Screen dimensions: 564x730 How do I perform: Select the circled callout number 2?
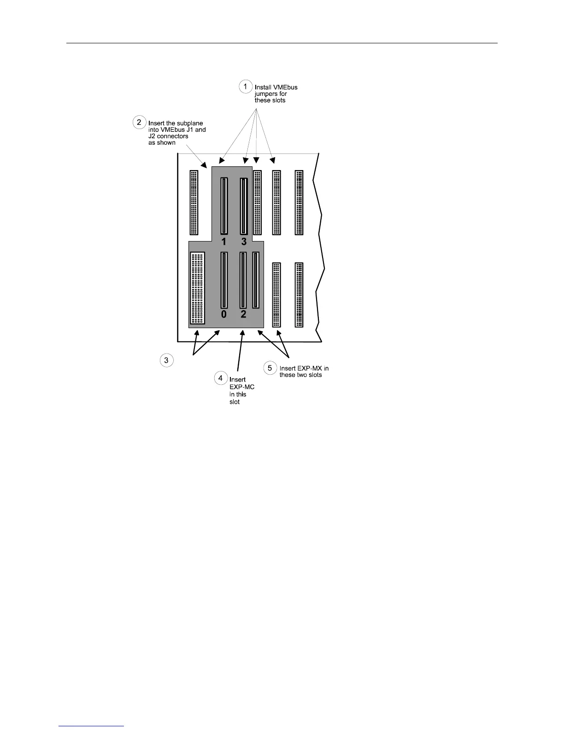(x=139, y=122)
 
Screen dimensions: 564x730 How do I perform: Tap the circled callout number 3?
(x=166, y=360)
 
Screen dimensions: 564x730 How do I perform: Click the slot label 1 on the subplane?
(x=223, y=241)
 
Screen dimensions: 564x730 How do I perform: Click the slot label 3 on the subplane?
(x=244, y=241)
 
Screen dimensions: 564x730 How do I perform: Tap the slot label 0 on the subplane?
(x=223, y=314)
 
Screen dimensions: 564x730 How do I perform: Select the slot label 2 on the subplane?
(x=243, y=314)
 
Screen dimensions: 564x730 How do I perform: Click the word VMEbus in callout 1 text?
(x=288, y=88)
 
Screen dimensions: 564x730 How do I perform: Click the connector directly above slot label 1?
(x=223, y=206)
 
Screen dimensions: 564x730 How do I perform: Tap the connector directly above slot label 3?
(x=244, y=206)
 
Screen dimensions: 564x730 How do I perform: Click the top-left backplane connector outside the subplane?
(x=194, y=202)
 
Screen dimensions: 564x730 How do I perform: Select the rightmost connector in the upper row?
(x=299, y=203)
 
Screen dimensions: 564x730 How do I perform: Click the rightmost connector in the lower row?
(x=299, y=295)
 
